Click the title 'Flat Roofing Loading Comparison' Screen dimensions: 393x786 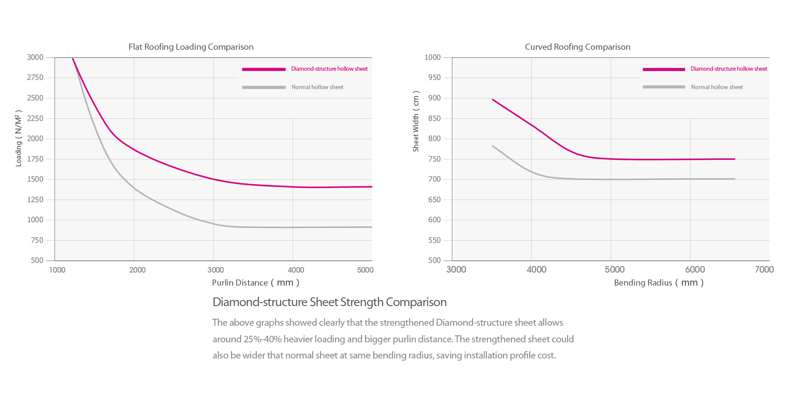point(191,47)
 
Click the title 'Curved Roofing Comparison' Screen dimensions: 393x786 point(577,47)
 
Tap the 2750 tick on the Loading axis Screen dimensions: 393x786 point(35,77)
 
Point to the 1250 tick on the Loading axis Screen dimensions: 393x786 point(35,200)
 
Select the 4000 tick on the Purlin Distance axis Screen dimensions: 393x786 point(296,270)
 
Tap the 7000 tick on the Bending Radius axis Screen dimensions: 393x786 point(764,269)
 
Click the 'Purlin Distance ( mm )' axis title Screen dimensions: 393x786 point(255,283)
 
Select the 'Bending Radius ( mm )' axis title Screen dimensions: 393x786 point(658,283)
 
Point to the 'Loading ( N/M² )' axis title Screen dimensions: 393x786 point(19,138)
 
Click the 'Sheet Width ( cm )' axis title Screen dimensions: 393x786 point(416,121)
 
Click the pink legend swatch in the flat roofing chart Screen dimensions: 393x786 point(264,69)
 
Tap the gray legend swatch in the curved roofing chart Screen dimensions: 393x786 point(664,87)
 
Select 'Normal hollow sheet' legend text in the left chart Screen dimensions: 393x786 point(317,87)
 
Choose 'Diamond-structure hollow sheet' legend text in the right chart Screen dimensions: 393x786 point(729,69)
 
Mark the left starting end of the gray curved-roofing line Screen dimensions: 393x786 point(493,146)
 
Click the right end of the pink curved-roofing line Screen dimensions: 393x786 point(735,159)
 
